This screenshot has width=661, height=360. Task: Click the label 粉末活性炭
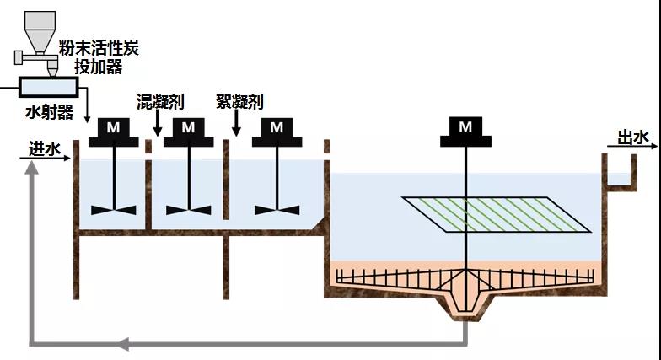(x=99, y=48)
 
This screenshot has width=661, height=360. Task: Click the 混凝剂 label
(x=160, y=102)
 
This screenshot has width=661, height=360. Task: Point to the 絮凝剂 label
(x=239, y=102)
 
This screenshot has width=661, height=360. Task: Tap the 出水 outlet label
(x=634, y=137)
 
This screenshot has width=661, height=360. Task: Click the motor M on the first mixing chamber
(x=113, y=129)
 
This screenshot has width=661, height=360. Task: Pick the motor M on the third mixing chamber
(x=277, y=129)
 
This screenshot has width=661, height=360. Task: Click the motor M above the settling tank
(x=465, y=128)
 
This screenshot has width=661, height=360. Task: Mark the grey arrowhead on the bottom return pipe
(x=124, y=343)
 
